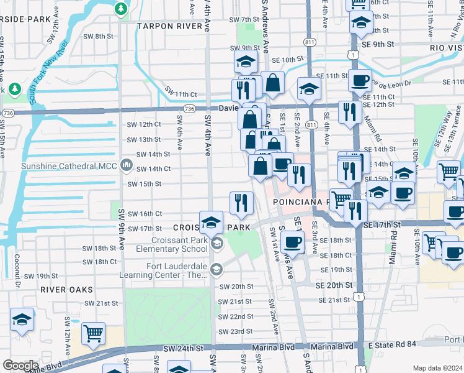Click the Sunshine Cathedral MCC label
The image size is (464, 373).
(69, 166)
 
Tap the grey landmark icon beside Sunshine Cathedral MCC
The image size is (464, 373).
(127, 165)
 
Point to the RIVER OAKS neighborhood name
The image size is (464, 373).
(66, 290)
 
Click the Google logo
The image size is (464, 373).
(20, 366)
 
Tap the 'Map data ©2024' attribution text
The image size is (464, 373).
(437, 368)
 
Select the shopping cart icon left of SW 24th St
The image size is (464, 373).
(93, 333)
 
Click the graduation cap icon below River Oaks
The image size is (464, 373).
(22, 320)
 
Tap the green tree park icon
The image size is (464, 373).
(120, 9)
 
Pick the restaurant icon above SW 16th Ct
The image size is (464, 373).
(241, 201)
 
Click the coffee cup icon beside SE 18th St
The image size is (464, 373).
(293, 241)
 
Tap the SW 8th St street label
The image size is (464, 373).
(96, 36)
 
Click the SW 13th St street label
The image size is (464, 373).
(144, 139)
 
